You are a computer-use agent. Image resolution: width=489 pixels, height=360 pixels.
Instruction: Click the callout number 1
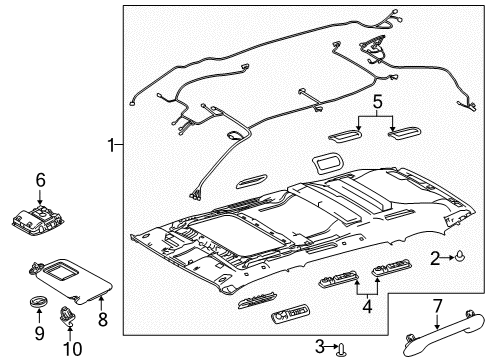(x=111, y=147)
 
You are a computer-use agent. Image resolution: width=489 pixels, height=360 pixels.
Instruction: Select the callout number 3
(x=318, y=346)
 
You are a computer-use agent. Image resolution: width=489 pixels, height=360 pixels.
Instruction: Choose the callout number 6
(x=40, y=180)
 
